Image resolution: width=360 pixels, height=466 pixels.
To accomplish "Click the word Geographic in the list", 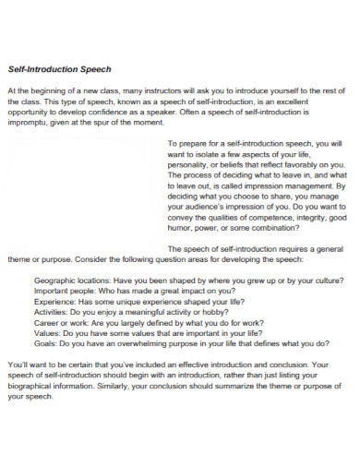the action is point(55,279).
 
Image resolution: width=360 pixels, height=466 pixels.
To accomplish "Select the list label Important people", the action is point(64,289).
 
